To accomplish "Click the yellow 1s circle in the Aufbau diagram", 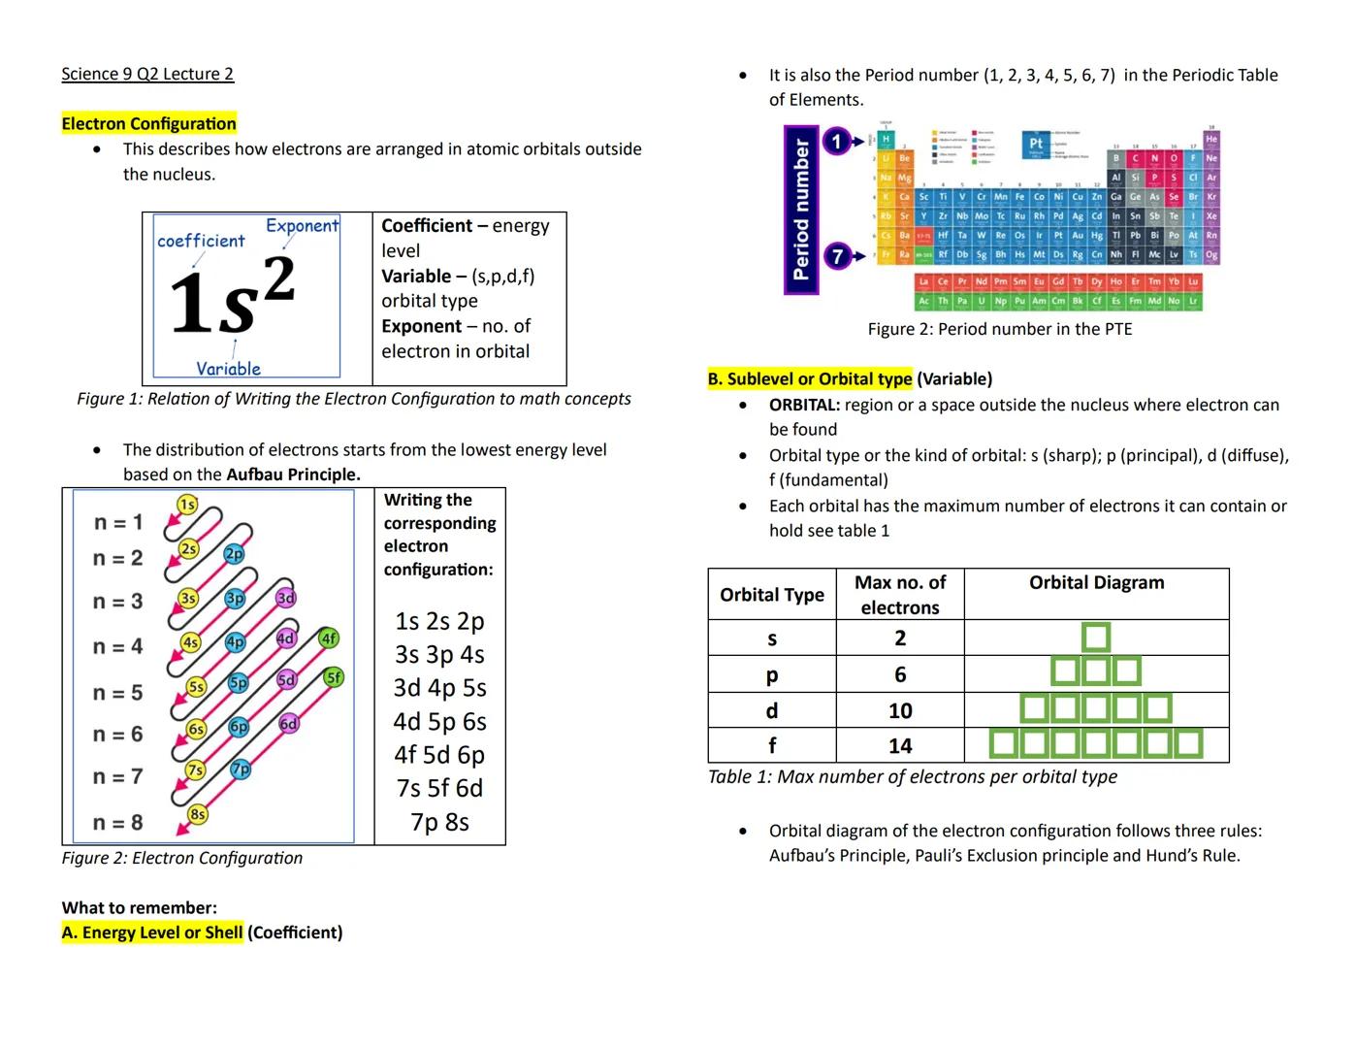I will coord(187,504).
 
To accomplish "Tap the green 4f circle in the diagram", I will coord(329,638).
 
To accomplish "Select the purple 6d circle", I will coord(288,724).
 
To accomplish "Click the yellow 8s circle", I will coord(197,814).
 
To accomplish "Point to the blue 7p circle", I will coord(241,769).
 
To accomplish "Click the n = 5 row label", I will coord(117,693).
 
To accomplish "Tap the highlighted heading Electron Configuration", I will coord(148,123).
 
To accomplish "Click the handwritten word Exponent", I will coord(302,226).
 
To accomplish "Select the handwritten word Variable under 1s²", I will coord(228,369).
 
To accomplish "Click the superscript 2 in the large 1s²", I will coord(278,280).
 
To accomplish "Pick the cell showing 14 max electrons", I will coord(899,745).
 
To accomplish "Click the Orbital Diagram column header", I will coord(1096,582).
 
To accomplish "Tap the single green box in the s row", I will coord(1095,638).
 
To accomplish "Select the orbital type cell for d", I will coord(771,710).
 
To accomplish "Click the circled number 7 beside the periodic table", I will coord(836,256).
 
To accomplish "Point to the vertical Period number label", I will coord(800,210).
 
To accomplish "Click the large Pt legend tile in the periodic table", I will coord(1035,145).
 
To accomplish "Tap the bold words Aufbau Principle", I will coord(293,475).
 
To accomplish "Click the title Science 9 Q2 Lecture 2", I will coord(147,74).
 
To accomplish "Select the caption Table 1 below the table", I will coord(912,776).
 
